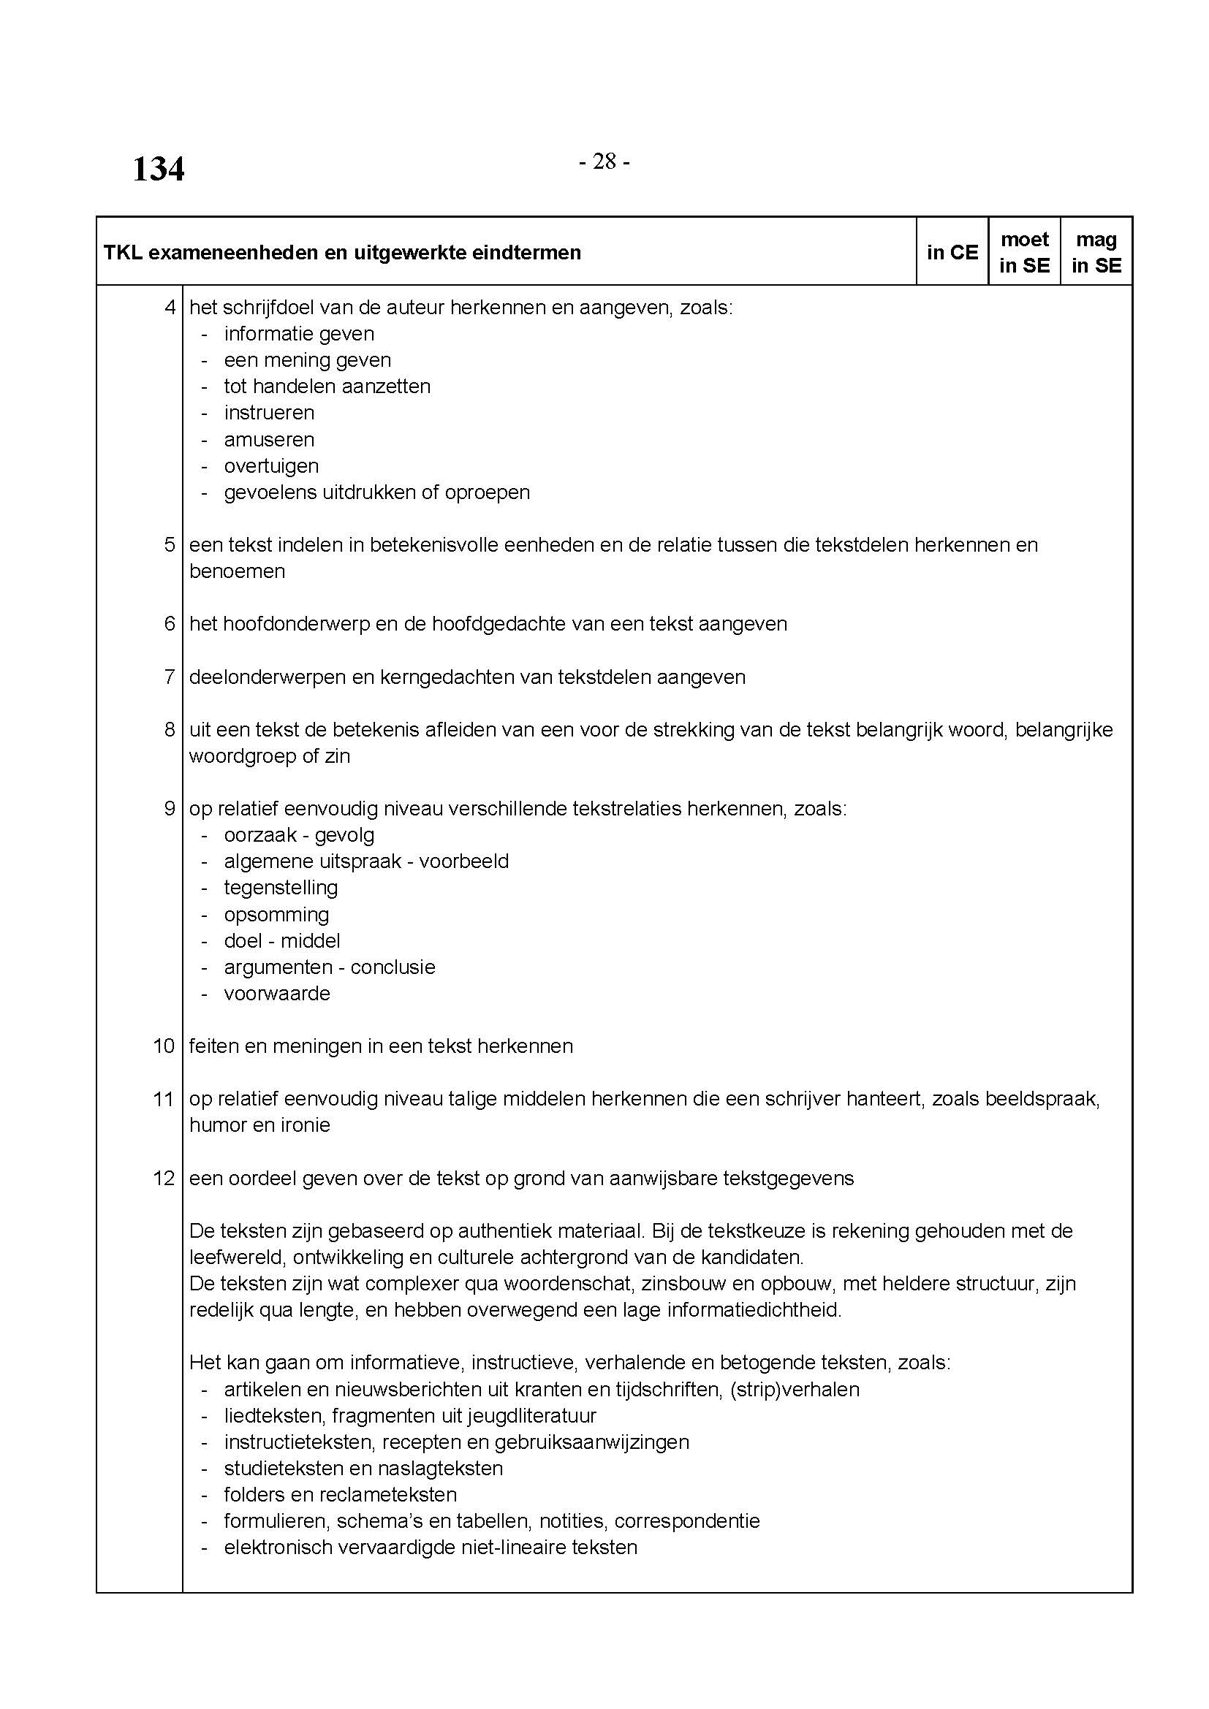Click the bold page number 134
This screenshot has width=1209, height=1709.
click(159, 169)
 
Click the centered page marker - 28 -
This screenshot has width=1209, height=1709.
click(604, 161)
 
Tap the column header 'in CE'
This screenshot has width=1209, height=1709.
click(952, 252)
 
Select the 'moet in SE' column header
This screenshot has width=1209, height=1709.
click(1024, 252)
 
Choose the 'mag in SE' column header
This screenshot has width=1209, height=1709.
click(1096, 252)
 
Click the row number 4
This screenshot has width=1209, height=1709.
click(170, 307)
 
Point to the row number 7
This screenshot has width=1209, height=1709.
click(170, 677)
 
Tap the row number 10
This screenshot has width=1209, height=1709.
click(164, 1046)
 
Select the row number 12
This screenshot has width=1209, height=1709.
click(164, 1178)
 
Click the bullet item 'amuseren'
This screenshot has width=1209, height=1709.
click(269, 439)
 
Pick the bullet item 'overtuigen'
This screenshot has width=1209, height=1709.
click(271, 466)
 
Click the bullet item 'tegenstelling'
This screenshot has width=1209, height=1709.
click(281, 887)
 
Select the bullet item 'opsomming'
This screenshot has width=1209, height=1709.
click(276, 914)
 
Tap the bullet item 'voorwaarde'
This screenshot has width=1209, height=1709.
click(277, 993)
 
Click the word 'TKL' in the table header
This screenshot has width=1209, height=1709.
click(123, 253)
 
